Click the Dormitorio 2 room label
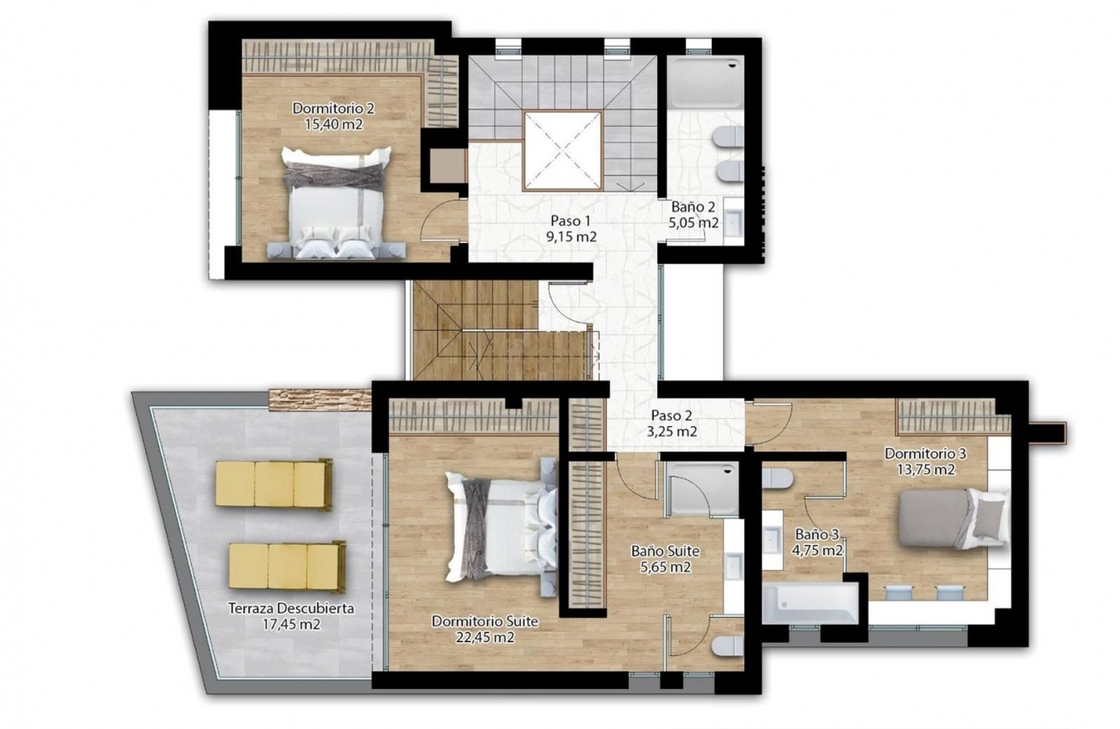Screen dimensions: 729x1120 point(333,108)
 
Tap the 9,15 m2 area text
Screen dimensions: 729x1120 point(571,236)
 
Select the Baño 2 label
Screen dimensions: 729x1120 point(693,207)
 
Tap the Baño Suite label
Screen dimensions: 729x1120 point(665,551)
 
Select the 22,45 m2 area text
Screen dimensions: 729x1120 point(485,637)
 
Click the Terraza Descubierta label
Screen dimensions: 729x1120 point(291,608)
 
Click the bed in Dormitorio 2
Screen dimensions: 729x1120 point(336,204)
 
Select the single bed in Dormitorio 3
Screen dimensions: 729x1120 point(951,518)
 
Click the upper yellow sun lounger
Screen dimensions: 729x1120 point(273,483)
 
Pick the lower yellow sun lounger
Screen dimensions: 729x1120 point(287,566)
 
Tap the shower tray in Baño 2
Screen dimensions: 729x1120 point(706,83)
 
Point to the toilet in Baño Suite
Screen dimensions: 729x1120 point(728,646)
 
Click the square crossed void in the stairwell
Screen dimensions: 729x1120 point(562,151)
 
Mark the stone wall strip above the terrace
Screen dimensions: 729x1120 point(319,399)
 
